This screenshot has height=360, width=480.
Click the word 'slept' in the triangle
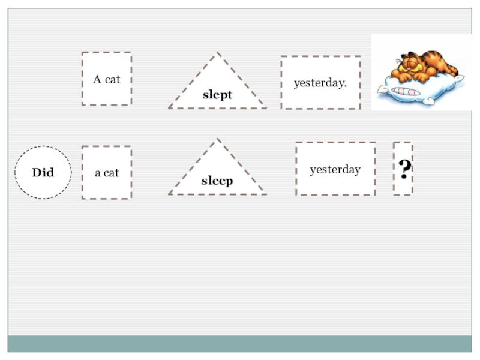pyautogui.click(x=217, y=95)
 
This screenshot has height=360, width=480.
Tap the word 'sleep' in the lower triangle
pyautogui.click(x=217, y=181)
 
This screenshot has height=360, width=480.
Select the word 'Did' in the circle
pyautogui.click(x=43, y=173)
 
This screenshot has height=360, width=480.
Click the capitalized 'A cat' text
pyautogui.click(x=107, y=79)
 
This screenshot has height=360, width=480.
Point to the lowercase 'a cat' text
pyautogui.click(x=107, y=173)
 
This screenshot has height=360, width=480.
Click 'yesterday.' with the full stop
pyautogui.click(x=320, y=83)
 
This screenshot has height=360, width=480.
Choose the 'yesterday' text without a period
pyautogui.click(x=335, y=170)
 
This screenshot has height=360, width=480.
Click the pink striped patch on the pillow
pyautogui.click(x=407, y=92)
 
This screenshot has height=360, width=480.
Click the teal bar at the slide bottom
pyautogui.click(x=240, y=344)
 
